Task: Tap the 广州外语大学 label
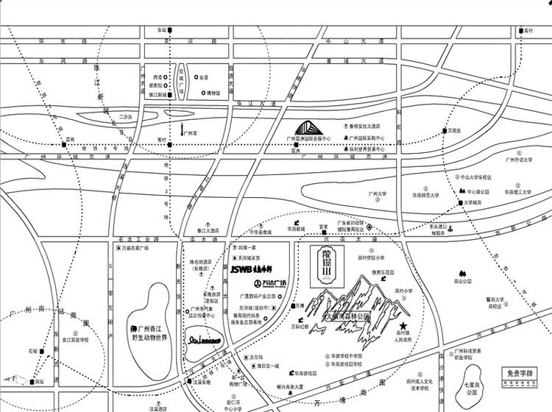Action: click(x=518, y=158)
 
